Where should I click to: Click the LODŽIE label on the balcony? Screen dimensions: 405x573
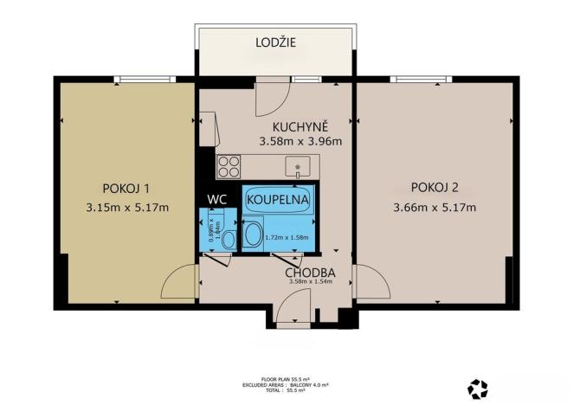tap(275, 42)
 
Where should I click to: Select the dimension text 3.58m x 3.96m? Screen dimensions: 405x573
tap(300, 143)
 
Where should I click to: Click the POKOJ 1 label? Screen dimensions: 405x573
tap(126, 189)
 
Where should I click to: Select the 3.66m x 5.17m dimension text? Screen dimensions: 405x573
tap(435, 207)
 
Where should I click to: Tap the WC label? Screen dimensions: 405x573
tap(218, 199)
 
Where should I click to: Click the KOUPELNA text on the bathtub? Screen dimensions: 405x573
tap(279, 199)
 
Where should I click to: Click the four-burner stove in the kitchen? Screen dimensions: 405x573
tap(229, 164)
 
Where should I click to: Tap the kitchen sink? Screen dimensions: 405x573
tap(297, 164)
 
